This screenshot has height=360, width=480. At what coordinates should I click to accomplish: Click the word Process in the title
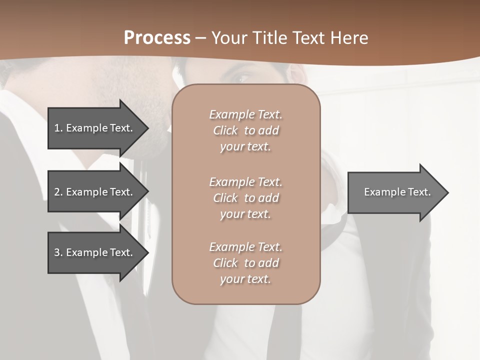pyautogui.click(x=157, y=38)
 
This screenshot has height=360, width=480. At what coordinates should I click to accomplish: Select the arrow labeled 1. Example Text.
pyautogui.click(x=95, y=128)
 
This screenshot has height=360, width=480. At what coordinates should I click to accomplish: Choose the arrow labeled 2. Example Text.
pyautogui.click(x=95, y=192)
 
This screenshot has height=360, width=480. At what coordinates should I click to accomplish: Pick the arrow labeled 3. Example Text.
pyautogui.click(x=95, y=252)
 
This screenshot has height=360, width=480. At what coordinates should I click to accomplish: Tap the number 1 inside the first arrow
pyautogui.click(x=57, y=128)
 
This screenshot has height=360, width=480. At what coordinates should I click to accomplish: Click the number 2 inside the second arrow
pyautogui.click(x=57, y=192)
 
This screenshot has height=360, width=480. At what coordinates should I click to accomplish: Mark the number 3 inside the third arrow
pyautogui.click(x=57, y=252)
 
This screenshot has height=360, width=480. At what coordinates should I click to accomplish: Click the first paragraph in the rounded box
pyautogui.click(x=245, y=130)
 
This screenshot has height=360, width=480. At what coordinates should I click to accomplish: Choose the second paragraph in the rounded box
pyautogui.click(x=245, y=198)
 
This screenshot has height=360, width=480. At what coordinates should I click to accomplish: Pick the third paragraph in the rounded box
pyautogui.click(x=245, y=263)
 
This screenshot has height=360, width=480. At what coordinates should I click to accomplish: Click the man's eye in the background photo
pyautogui.click(x=243, y=78)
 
